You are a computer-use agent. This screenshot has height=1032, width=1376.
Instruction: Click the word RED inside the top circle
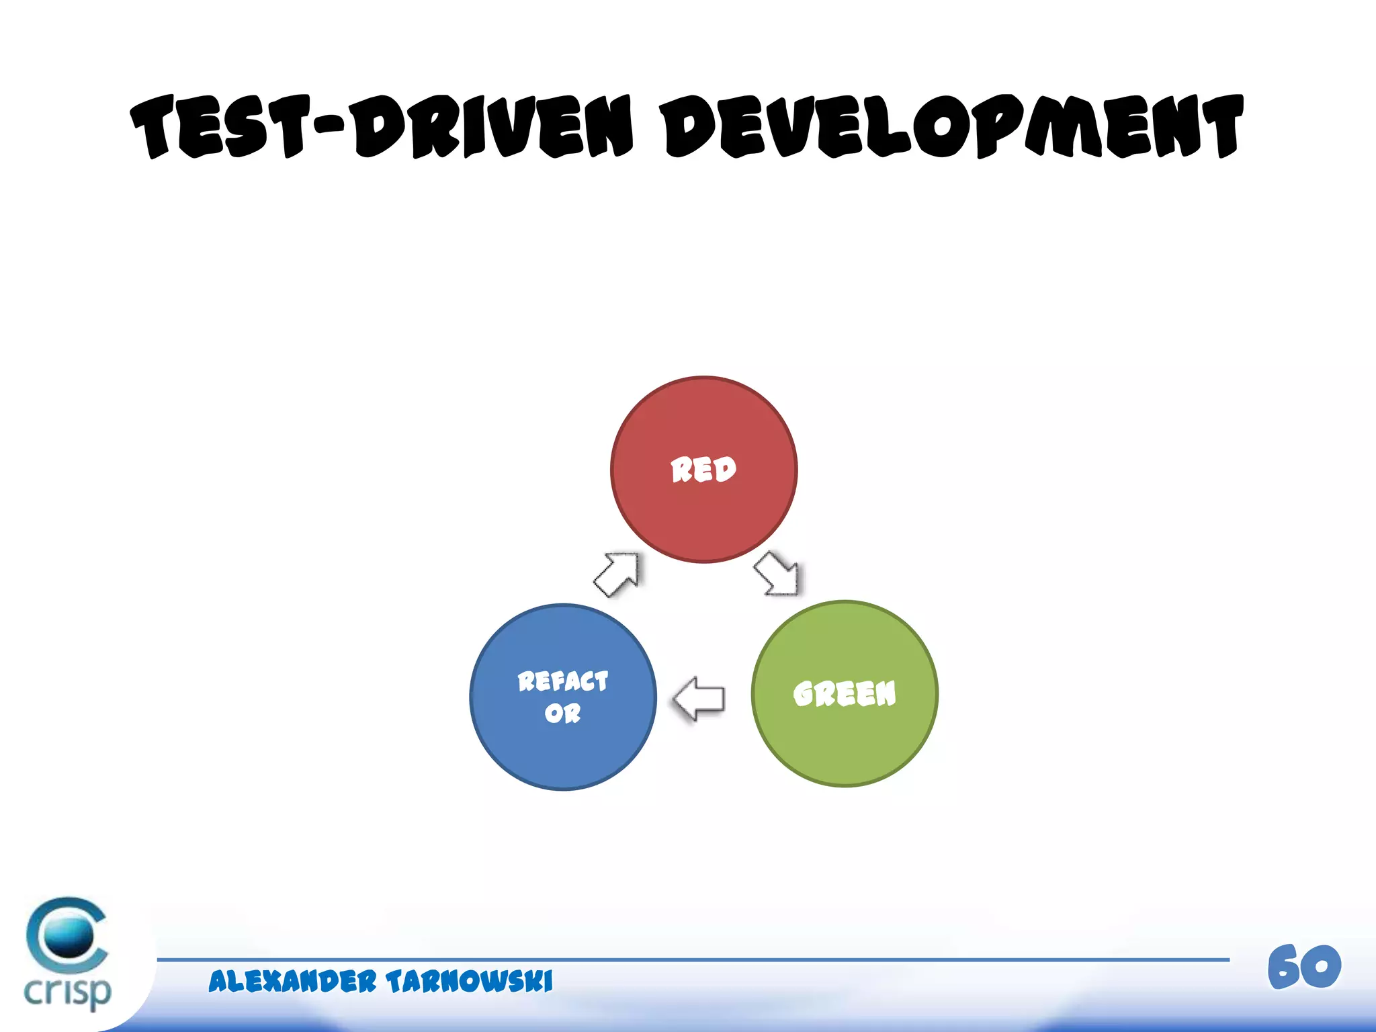[703, 470]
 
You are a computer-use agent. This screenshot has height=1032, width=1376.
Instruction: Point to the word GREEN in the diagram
[845, 693]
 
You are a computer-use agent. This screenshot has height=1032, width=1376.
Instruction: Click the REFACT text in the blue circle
[563, 681]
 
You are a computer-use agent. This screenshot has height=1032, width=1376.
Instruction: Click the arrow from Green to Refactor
[699, 699]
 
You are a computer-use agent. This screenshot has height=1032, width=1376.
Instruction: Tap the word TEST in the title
[221, 128]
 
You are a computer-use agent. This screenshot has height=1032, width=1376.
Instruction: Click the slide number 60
[1304, 967]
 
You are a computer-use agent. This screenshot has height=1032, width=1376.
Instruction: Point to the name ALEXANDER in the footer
[292, 982]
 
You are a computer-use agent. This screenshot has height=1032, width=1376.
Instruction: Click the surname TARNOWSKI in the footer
[470, 982]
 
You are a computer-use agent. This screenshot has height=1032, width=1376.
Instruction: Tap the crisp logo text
[67, 991]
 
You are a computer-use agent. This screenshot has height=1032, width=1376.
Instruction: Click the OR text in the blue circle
[563, 713]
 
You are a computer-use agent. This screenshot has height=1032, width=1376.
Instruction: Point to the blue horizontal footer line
[692, 960]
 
